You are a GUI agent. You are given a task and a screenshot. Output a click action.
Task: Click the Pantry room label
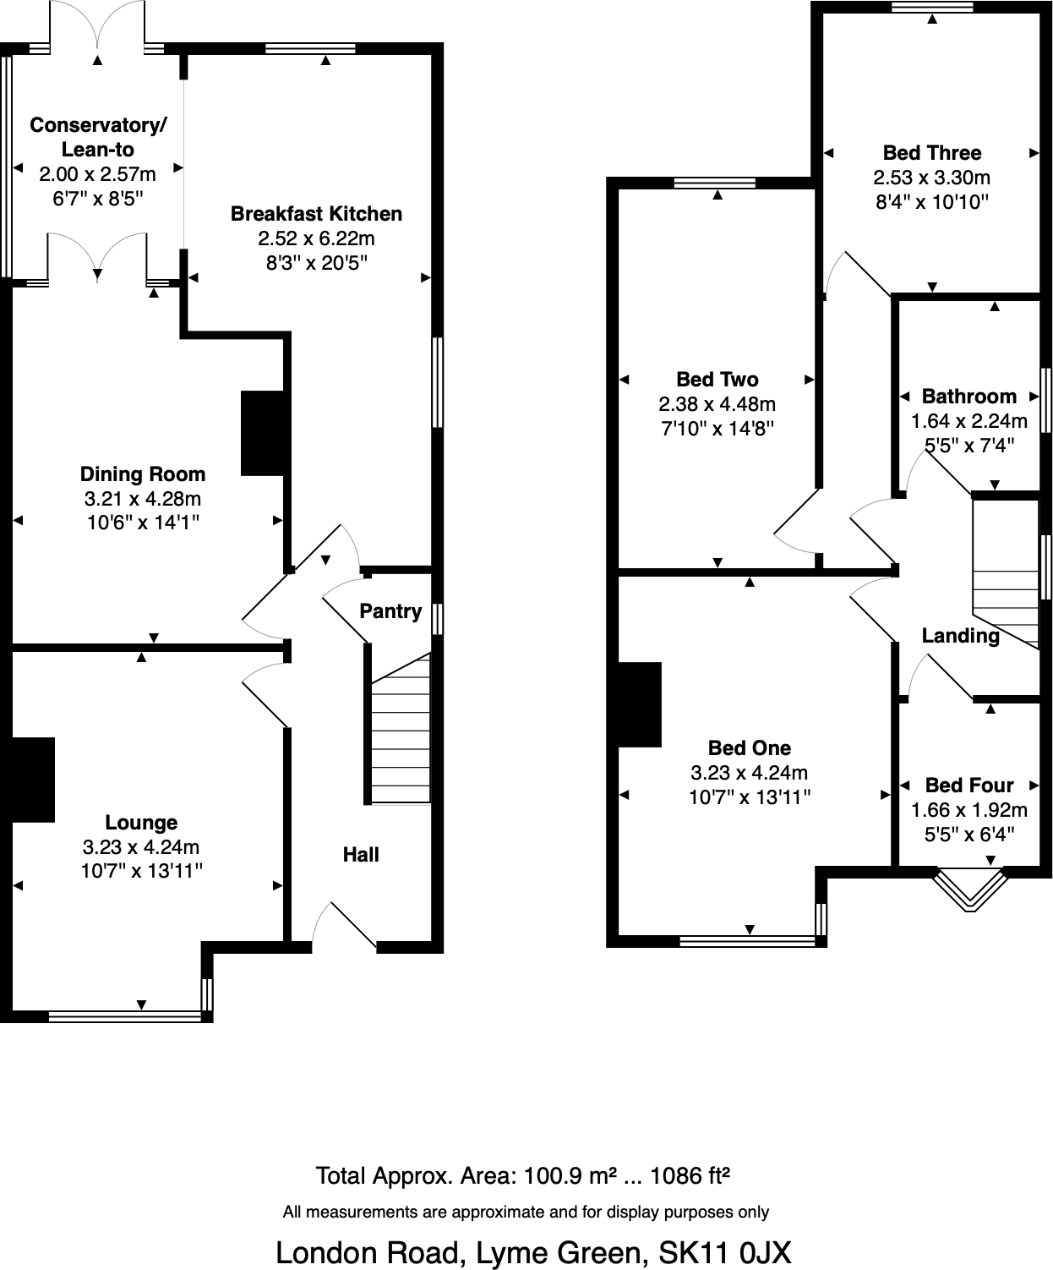(x=390, y=611)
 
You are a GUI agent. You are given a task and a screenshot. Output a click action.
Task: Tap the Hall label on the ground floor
(x=361, y=855)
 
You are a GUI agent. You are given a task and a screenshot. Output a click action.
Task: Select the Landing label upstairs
(x=960, y=636)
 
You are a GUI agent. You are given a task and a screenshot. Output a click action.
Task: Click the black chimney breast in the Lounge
(x=34, y=780)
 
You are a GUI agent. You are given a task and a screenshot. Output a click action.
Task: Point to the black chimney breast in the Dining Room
(x=263, y=433)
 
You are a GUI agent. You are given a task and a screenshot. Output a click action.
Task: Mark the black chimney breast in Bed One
(x=640, y=704)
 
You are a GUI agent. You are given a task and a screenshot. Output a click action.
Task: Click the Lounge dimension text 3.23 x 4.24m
(x=141, y=847)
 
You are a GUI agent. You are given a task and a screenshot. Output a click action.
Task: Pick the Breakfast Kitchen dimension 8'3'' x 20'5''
(x=316, y=263)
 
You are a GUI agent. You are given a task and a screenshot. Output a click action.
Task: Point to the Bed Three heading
(x=931, y=153)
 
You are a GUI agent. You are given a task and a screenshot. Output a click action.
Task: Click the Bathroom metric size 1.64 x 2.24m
(x=968, y=421)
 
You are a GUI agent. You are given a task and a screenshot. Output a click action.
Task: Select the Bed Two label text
(x=717, y=380)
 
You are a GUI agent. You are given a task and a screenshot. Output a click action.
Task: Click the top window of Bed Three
(x=931, y=8)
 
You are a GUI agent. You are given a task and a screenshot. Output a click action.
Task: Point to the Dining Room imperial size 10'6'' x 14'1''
(x=143, y=523)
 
